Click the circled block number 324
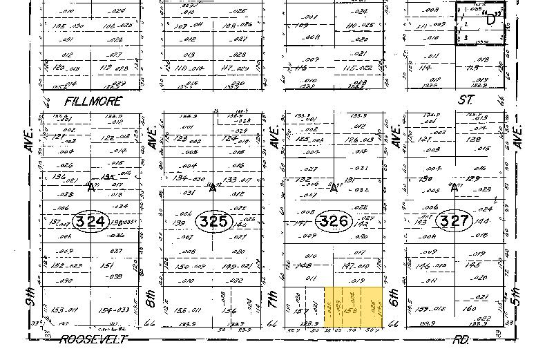point(93,222)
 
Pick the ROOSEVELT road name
point(93,339)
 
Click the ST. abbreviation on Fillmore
point(467,100)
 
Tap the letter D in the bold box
point(492,19)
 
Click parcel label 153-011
point(64,310)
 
